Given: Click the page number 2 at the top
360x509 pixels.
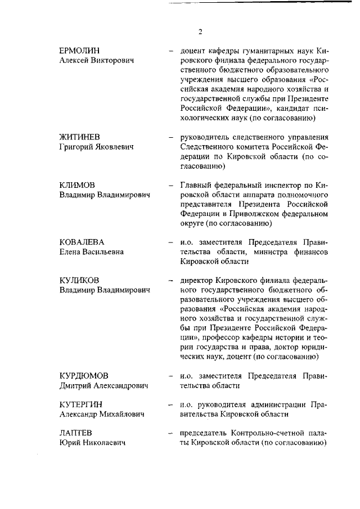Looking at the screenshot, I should (200, 31).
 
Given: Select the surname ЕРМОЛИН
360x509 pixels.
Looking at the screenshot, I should (79, 51).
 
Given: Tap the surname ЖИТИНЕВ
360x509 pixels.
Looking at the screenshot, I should (80, 137).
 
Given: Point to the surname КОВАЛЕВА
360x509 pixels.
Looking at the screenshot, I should (82, 242).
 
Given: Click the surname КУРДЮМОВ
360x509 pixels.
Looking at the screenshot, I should (84, 376).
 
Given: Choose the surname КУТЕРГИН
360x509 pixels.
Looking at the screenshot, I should (82, 404).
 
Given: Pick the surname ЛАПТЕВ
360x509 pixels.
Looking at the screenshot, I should (76, 433).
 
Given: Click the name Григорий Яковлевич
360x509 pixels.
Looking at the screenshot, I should (96, 147).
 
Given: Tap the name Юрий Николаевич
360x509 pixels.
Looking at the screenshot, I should (92, 443).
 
